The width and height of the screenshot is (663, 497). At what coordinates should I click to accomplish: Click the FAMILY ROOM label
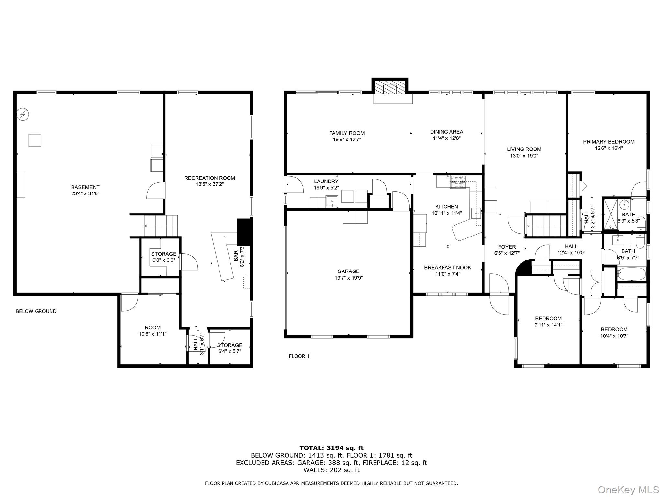pyautogui.click(x=347, y=133)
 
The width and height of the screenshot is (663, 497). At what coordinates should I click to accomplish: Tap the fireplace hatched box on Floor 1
pyautogui.click(x=390, y=87)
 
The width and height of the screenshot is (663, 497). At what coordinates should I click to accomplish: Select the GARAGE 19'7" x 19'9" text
pyautogui.click(x=348, y=274)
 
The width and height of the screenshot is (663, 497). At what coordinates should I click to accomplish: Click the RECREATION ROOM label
pyautogui.click(x=209, y=178)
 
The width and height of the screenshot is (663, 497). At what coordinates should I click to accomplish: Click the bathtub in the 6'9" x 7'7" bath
pyautogui.click(x=631, y=274)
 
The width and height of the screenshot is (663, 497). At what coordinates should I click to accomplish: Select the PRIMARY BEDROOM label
pyautogui.click(x=609, y=142)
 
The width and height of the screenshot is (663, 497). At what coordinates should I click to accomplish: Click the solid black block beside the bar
pyautogui.click(x=244, y=232)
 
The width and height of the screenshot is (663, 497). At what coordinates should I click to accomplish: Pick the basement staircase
pyautogui.click(x=161, y=226)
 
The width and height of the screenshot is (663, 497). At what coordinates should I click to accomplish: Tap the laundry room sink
pyautogui.click(x=332, y=202)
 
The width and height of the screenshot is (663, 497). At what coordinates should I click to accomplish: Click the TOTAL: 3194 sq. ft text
pyautogui.click(x=331, y=448)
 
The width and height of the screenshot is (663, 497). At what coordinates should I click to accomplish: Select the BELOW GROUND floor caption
pyautogui.click(x=36, y=311)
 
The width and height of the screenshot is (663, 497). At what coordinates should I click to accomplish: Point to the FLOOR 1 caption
pyautogui.click(x=299, y=356)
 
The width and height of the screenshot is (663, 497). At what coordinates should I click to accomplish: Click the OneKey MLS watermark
pyautogui.click(x=628, y=490)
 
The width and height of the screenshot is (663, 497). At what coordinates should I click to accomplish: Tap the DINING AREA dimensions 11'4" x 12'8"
pyautogui.click(x=447, y=138)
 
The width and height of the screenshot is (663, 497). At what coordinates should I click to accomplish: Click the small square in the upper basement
pyautogui.click(x=35, y=140)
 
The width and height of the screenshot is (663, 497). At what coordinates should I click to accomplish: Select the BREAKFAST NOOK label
pyautogui.click(x=447, y=268)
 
